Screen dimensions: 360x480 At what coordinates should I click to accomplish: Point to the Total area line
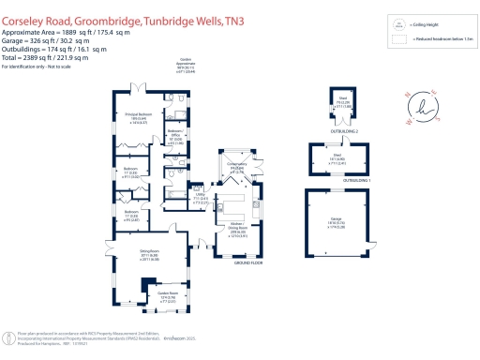44,57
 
